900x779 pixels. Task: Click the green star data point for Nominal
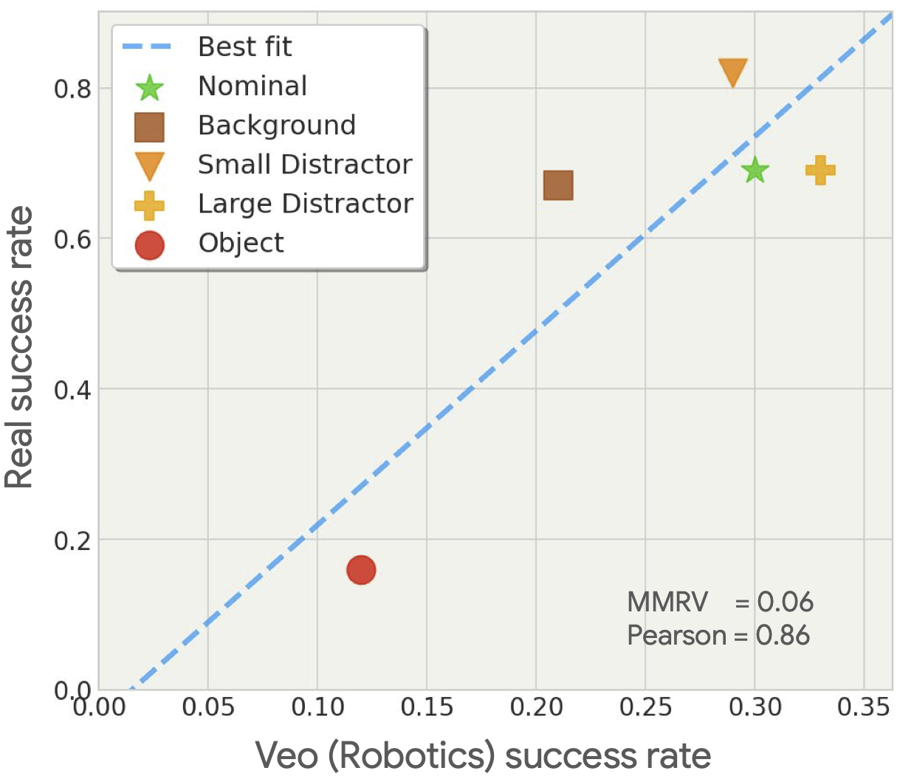click(x=755, y=171)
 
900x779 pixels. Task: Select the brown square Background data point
click(x=558, y=185)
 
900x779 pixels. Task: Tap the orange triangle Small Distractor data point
click(x=732, y=72)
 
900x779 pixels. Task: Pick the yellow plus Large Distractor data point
click(x=820, y=171)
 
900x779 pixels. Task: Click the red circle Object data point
click(x=361, y=570)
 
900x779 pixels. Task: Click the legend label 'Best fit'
click(x=244, y=47)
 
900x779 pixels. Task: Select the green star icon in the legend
click(x=149, y=87)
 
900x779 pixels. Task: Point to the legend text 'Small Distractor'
click(x=304, y=165)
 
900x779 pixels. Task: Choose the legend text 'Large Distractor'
click(x=305, y=204)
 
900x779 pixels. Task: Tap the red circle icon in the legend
click(x=149, y=244)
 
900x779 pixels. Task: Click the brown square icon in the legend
click(x=149, y=127)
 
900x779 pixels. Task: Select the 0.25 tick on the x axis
click(x=645, y=707)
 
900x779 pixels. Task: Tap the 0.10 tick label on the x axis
click(x=317, y=707)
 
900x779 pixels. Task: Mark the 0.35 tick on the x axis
click(x=863, y=707)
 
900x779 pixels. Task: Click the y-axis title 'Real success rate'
click(x=20, y=347)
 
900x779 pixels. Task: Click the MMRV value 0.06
click(x=785, y=603)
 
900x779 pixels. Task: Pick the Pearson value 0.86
click(x=783, y=636)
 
